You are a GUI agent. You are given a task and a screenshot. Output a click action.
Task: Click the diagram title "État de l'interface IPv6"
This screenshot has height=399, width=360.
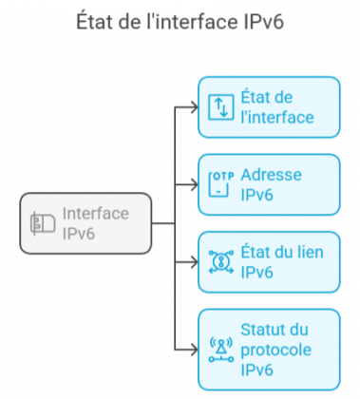tap(180, 22)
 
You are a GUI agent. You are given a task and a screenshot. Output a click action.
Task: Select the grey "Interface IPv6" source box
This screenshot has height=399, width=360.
tap(85, 223)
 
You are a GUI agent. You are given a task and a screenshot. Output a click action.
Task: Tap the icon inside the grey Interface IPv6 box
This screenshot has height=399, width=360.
tap(42, 223)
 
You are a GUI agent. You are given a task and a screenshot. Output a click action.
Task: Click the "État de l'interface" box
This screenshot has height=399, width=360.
tap(268, 107)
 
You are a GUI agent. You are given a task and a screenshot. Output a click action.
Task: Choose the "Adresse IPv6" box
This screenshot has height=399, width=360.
tap(268, 185)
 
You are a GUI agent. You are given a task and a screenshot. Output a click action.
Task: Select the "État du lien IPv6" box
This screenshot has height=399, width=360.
tap(268, 262)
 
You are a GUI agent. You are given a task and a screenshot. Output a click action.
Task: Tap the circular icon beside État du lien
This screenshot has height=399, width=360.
tap(219, 263)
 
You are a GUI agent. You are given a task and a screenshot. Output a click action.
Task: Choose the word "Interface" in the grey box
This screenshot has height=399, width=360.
tap(95, 214)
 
